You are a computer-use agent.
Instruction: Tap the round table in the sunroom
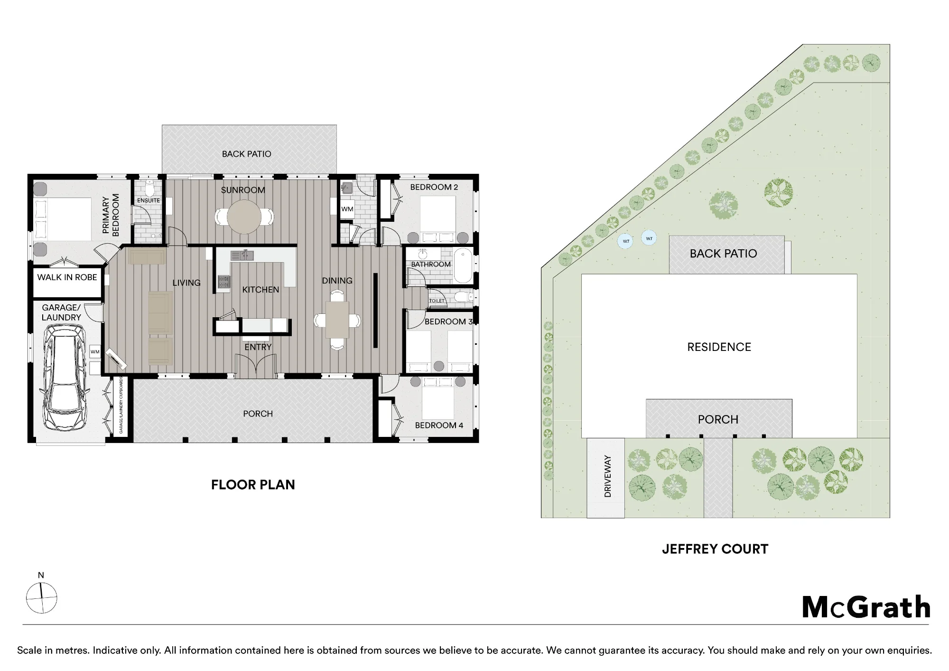pos(243,217)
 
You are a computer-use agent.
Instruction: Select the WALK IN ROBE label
pos(67,277)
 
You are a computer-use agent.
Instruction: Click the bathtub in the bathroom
pos(463,266)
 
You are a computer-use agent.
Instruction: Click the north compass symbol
pos(41,598)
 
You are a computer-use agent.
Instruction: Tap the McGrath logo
pos(866,607)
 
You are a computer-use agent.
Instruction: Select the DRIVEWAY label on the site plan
pos(607,476)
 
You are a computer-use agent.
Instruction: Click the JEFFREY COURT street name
pos(715,549)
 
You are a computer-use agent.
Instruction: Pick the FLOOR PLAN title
pos(253,485)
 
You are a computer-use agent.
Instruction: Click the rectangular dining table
pos(337,320)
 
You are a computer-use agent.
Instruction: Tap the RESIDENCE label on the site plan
pos(719,347)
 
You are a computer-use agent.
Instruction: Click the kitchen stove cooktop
pos(223,282)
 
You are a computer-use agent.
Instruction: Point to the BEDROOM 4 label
pos(439,425)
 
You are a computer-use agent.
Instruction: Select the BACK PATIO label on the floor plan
pos(247,154)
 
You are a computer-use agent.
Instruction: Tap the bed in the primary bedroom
pos(63,219)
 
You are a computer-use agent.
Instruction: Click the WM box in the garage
pos(95,352)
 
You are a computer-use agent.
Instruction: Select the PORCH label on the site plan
pos(718,420)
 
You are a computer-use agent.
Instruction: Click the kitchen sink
pos(242,255)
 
